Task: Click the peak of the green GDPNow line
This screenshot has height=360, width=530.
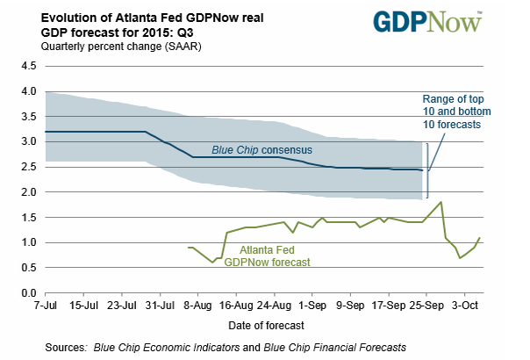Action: tap(440, 202)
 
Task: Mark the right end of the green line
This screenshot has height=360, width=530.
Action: tap(479, 237)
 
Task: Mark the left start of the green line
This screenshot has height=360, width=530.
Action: tap(189, 248)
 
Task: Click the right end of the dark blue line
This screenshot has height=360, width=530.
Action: tap(422, 170)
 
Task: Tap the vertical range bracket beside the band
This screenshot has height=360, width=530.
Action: tap(428, 168)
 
